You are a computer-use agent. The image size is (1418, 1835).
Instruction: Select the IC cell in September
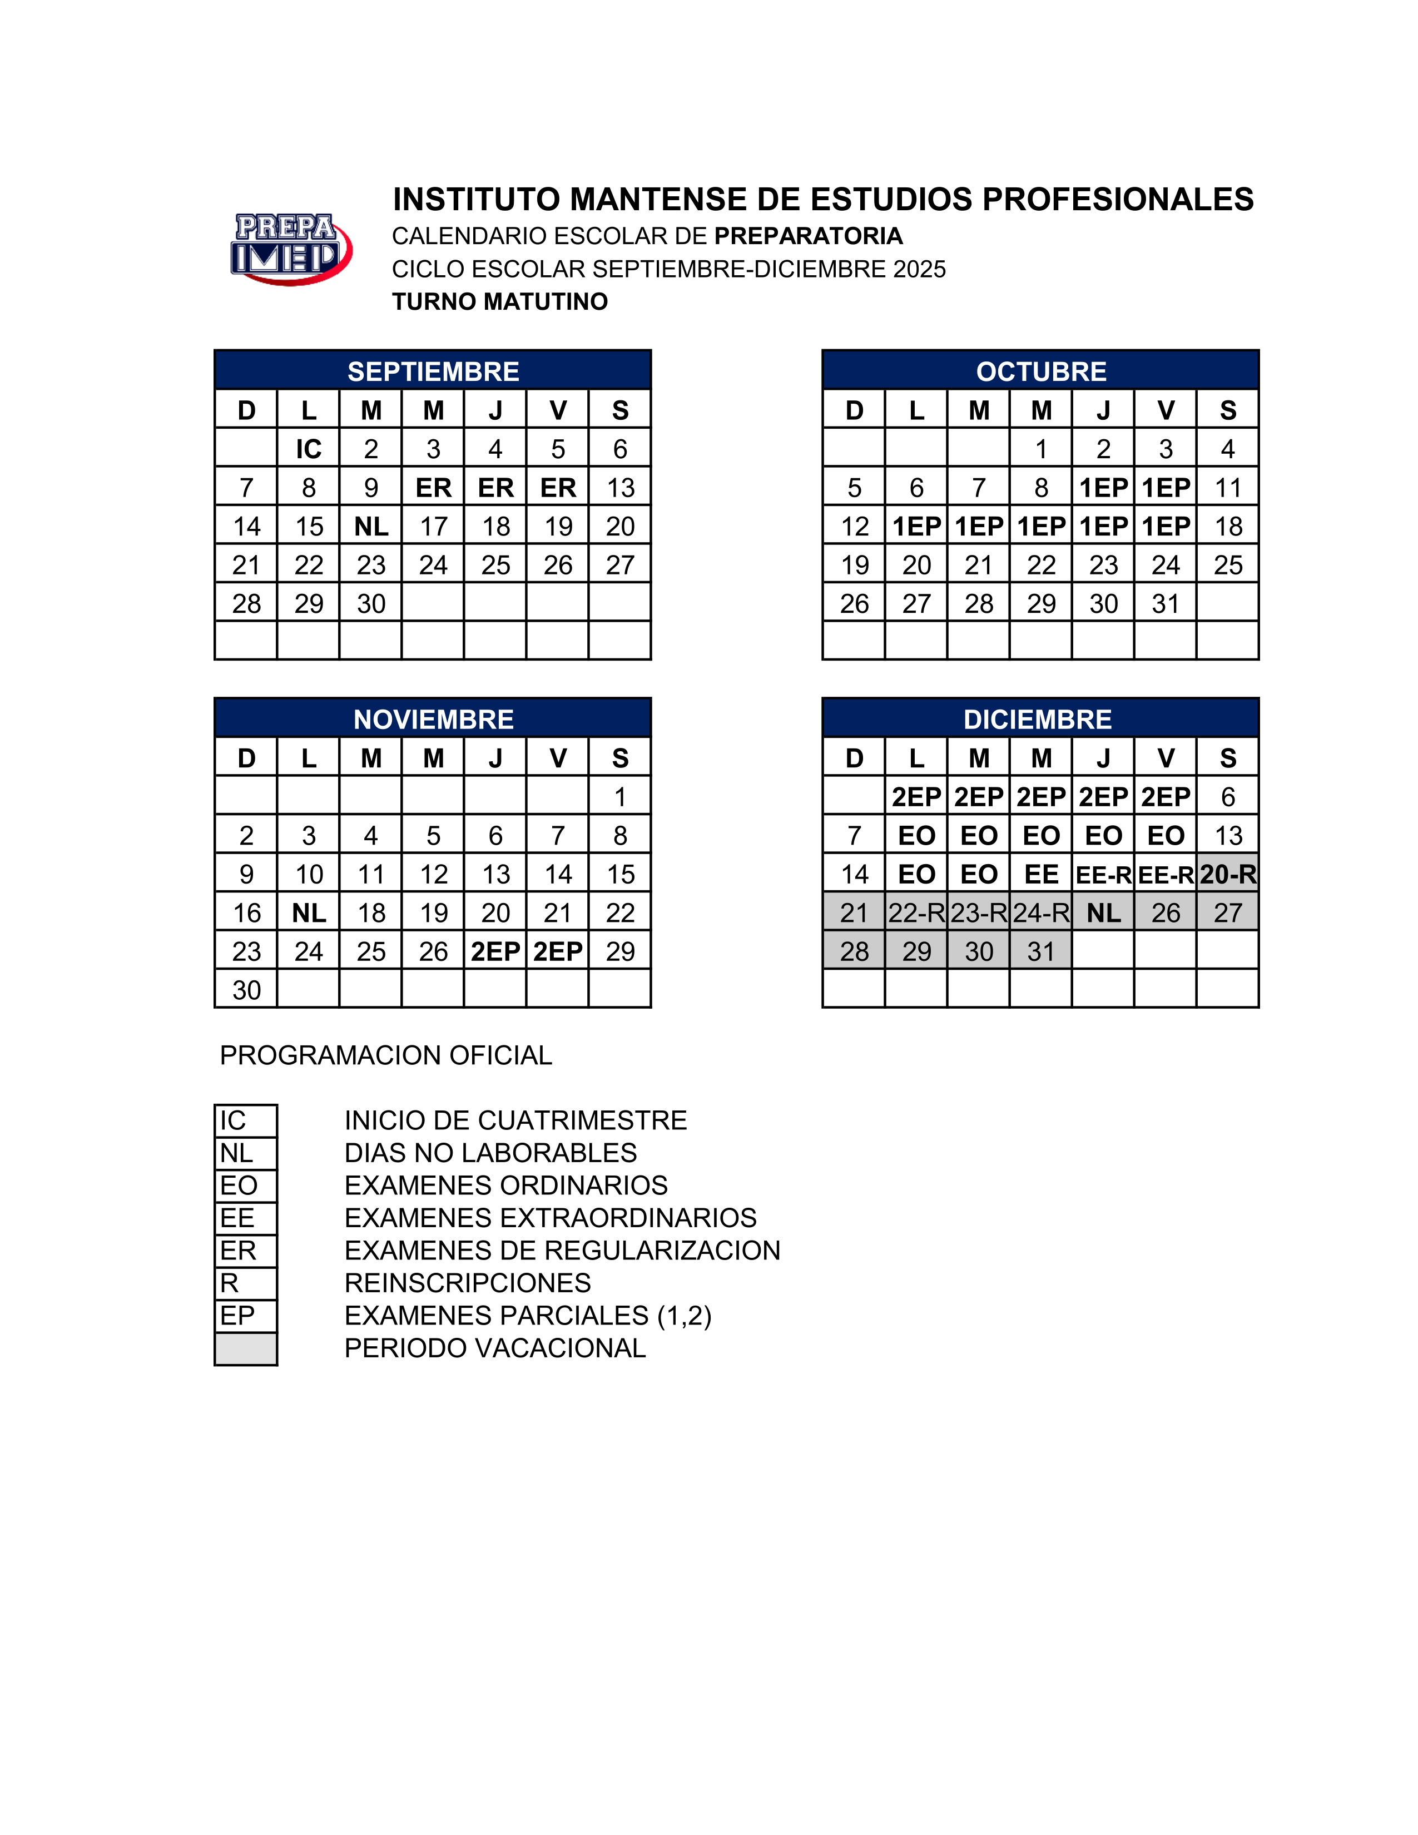click(x=308, y=449)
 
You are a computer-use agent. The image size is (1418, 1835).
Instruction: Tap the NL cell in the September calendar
click(x=370, y=526)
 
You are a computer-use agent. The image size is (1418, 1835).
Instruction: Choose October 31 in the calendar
click(x=1165, y=603)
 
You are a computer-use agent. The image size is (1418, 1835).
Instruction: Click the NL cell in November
click(x=308, y=912)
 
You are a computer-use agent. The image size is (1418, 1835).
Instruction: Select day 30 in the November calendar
click(x=246, y=990)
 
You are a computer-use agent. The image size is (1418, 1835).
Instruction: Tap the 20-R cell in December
click(x=1227, y=874)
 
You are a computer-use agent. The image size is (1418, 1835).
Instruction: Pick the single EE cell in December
click(x=1041, y=874)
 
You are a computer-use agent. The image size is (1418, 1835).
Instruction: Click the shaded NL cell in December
click(x=1103, y=912)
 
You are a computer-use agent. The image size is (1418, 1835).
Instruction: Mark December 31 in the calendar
click(x=1041, y=951)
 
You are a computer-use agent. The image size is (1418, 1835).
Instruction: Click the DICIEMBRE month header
click(x=1038, y=718)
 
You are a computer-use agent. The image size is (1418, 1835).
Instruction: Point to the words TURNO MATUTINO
click(x=500, y=301)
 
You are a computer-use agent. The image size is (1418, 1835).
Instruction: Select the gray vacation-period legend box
click(x=245, y=1348)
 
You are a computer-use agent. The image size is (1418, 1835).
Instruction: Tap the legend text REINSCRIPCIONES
click(x=467, y=1283)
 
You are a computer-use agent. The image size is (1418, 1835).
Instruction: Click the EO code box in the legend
click(x=245, y=1186)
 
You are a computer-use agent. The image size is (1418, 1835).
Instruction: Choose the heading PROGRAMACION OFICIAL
click(x=385, y=1055)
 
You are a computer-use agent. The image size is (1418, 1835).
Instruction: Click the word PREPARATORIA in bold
click(x=808, y=236)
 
